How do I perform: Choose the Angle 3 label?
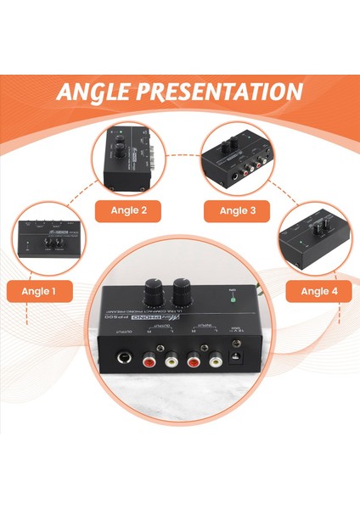tap(234, 210)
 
